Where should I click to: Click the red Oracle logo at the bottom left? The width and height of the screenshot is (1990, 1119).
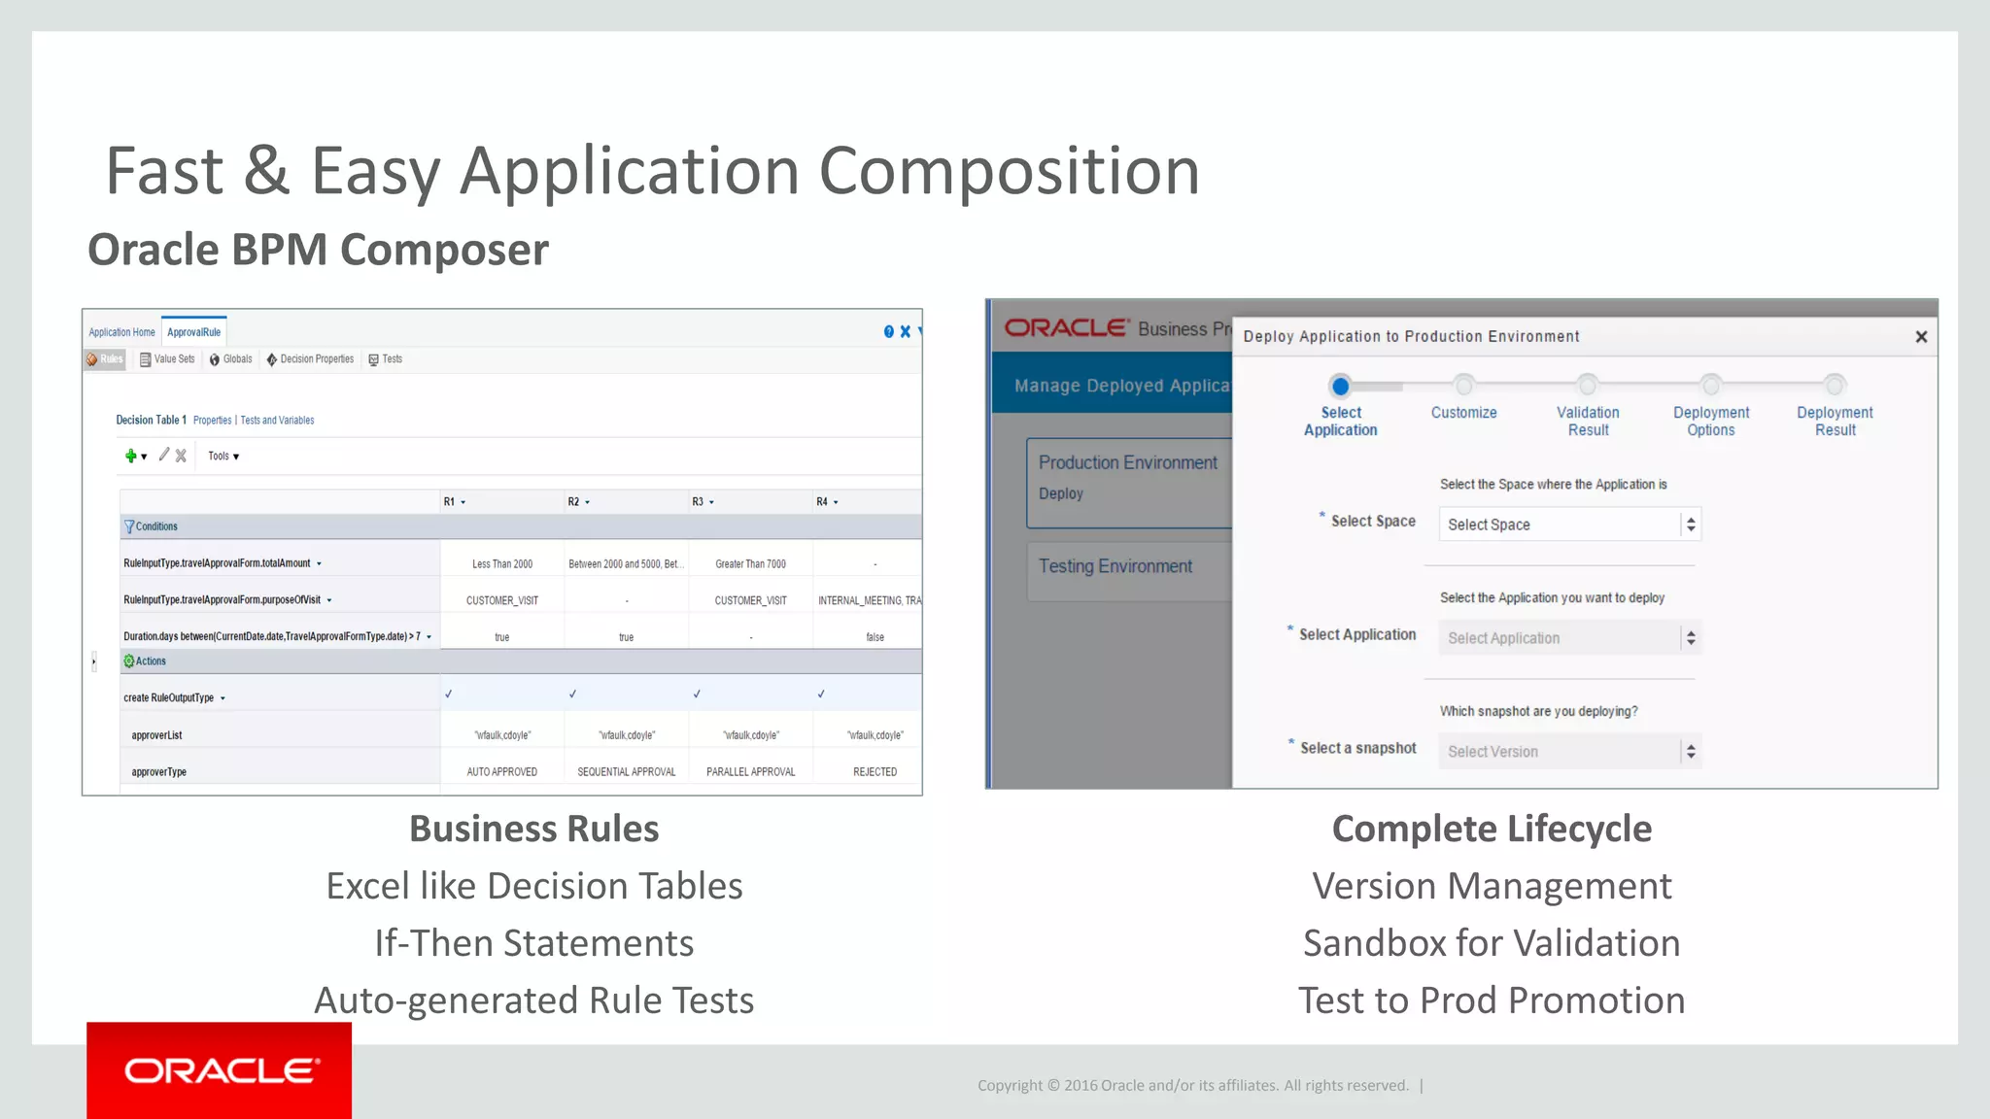click(220, 1070)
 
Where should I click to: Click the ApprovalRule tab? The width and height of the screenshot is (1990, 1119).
click(193, 332)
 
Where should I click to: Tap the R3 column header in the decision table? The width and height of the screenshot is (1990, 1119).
click(698, 502)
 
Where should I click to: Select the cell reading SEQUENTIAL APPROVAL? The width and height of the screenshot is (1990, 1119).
click(626, 772)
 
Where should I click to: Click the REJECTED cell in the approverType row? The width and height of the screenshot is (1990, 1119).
click(875, 772)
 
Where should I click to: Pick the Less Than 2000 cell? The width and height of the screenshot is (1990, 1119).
click(502, 564)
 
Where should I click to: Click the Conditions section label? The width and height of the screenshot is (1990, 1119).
click(155, 526)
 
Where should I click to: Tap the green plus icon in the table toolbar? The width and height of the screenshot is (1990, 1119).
click(131, 456)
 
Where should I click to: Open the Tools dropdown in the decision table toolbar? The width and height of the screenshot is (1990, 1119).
click(223, 456)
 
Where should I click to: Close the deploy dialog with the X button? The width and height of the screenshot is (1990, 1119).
click(1920, 337)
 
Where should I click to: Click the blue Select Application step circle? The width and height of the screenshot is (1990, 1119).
click(1340, 387)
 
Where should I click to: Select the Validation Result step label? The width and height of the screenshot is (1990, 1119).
click(1588, 422)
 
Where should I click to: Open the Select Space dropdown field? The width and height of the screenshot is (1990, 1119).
click(1568, 525)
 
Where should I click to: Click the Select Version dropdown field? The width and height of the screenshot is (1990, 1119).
click(1568, 752)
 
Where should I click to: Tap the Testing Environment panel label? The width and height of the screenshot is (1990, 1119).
click(1115, 566)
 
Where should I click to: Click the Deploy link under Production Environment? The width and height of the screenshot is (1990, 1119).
click(1060, 493)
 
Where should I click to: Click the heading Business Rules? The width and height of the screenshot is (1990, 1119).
click(533, 829)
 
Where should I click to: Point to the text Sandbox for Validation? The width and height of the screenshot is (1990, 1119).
click(1491, 943)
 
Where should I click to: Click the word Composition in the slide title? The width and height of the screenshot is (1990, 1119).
click(1009, 171)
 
